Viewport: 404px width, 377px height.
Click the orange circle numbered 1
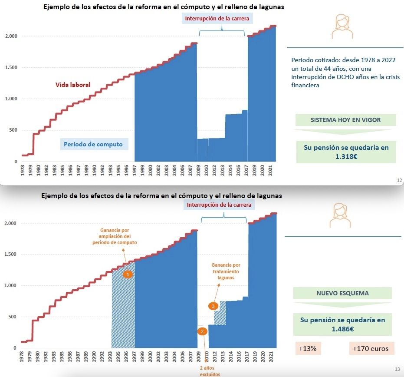point(127,274)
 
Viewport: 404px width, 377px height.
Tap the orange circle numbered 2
point(202,331)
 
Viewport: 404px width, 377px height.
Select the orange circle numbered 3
point(213,306)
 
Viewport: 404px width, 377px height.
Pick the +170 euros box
point(371,348)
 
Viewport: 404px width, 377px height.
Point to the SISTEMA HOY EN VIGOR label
point(345,120)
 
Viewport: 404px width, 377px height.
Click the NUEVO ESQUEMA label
point(342,293)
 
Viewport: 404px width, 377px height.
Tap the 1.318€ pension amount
point(346,156)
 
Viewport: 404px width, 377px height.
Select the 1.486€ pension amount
point(342,329)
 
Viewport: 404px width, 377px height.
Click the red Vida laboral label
point(73,85)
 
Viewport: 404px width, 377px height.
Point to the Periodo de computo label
point(93,144)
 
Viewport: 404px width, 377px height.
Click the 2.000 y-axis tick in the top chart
point(11,36)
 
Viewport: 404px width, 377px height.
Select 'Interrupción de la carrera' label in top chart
point(217,19)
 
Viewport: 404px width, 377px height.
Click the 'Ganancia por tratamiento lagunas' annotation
point(226,271)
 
